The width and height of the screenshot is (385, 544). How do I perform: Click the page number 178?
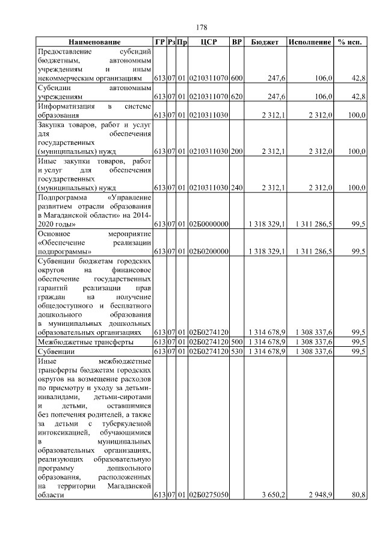[x=202, y=28]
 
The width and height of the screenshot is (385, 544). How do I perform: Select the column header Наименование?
[x=94, y=43]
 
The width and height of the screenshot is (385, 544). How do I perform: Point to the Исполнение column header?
[x=310, y=43]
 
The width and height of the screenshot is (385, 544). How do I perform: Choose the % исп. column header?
[x=350, y=43]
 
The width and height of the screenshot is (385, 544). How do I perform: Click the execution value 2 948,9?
[x=319, y=495]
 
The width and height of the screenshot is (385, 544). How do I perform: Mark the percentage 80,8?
[x=358, y=495]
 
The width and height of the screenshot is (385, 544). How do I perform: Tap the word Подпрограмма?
[x=62, y=197]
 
